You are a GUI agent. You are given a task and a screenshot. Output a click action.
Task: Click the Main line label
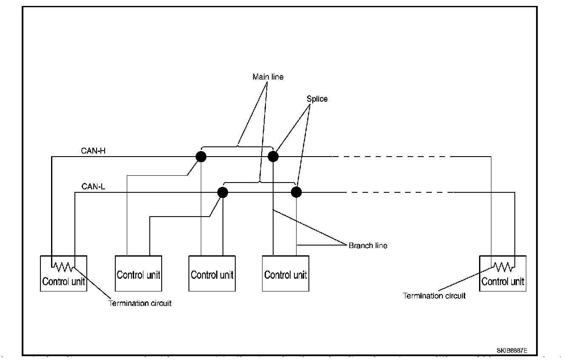tap(268, 77)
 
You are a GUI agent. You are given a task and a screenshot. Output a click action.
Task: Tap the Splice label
tap(317, 99)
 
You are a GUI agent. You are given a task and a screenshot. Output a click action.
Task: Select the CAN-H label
tap(93, 151)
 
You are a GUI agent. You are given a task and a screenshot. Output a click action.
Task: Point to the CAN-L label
tap(93, 186)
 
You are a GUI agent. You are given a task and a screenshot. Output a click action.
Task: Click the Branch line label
tap(368, 246)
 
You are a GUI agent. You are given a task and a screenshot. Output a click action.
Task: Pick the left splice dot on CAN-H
tap(201, 157)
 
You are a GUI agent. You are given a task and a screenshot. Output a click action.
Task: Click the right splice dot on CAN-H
tap(273, 157)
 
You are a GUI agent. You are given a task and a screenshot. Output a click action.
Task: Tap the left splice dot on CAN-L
tap(223, 192)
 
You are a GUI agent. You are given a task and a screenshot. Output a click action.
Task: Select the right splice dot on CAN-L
tap(297, 192)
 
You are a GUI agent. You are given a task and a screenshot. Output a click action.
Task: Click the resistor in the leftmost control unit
tap(63, 267)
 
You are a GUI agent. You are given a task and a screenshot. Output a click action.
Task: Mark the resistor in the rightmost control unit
tap(503, 267)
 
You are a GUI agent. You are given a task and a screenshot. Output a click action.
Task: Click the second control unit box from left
tap(138, 274)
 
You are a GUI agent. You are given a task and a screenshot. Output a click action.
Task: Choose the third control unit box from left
tap(212, 274)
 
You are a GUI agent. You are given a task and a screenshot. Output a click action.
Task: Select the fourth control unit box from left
tap(285, 274)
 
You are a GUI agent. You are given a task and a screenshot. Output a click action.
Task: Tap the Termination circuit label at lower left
tap(140, 303)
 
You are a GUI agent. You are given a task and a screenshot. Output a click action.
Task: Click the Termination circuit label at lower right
tap(434, 296)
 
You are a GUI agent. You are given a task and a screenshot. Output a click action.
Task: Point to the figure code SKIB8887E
tap(512, 351)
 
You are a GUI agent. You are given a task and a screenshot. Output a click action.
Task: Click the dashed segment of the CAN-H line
tap(391, 157)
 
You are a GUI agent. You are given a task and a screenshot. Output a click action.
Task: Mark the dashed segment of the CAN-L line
tap(400, 192)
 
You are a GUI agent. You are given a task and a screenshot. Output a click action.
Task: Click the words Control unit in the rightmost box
tap(503, 282)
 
